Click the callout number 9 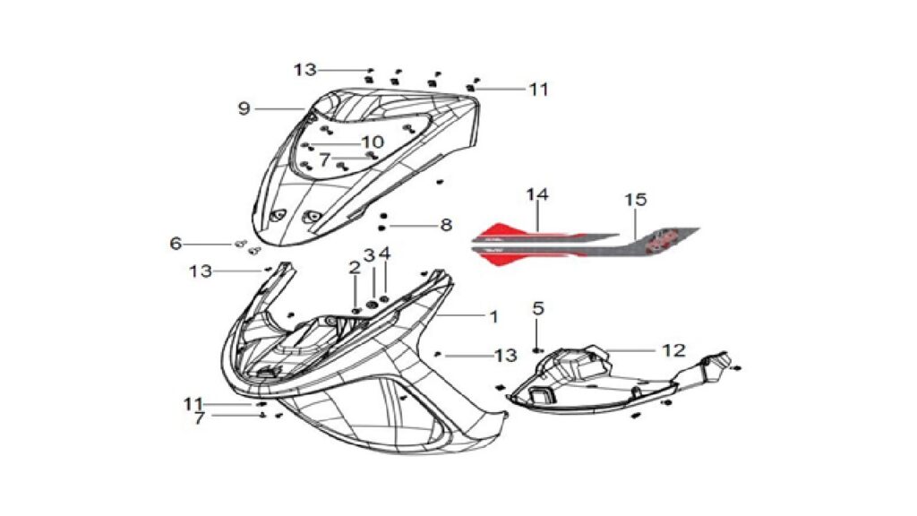click(244, 108)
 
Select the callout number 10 click(373, 142)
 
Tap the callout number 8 click(446, 225)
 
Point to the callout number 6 click(176, 243)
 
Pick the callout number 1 click(494, 316)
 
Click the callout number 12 click(673, 350)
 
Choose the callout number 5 click(538, 308)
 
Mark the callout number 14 click(537, 194)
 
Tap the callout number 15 click(636, 200)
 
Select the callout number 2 click(355, 268)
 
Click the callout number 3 click(369, 255)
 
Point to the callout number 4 click(384, 254)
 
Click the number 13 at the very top click(304, 70)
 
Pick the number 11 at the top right click(538, 90)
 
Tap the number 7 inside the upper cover click(324, 159)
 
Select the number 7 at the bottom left click(200, 418)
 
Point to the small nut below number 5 click(537, 350)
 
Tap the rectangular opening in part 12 click(541, 395)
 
